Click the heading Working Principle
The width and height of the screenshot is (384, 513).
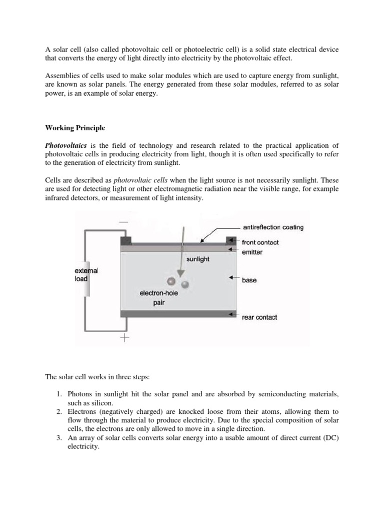coord(75,128)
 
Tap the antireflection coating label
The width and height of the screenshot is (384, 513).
coord(272,227)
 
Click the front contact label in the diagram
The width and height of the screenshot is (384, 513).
coord(260,242)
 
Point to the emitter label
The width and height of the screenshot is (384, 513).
coord(252,252)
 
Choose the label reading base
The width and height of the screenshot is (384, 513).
coord(249,280)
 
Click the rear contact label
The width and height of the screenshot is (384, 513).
coord(259,317)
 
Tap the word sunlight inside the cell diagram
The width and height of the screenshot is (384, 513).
coord(197,260)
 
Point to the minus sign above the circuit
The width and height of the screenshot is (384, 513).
coord(123,222)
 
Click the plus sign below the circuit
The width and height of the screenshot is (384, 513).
coord(124,339)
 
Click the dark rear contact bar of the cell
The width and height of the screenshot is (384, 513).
coord(175,314)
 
